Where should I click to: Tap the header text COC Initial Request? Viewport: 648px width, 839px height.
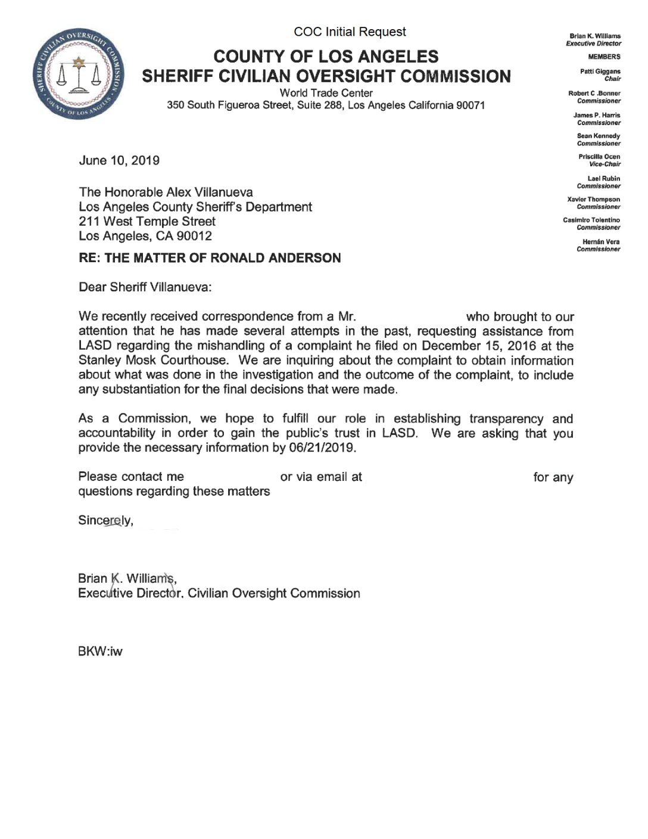tap(350, 32)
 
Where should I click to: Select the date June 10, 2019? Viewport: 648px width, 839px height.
tap(119, 160)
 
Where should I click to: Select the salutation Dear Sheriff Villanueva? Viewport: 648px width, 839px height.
tap(145, 287)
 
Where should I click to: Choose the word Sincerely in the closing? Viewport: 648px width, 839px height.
tap(105, 520)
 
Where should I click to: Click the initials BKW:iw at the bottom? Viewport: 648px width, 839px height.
tap(100, 651)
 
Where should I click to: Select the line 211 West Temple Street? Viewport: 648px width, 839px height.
tap(147, 221)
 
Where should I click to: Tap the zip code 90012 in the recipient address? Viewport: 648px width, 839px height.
tap(194, 236)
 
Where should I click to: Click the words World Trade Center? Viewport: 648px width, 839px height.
tap(326, 93)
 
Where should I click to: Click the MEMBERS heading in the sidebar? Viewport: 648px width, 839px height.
tap(604, 57)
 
